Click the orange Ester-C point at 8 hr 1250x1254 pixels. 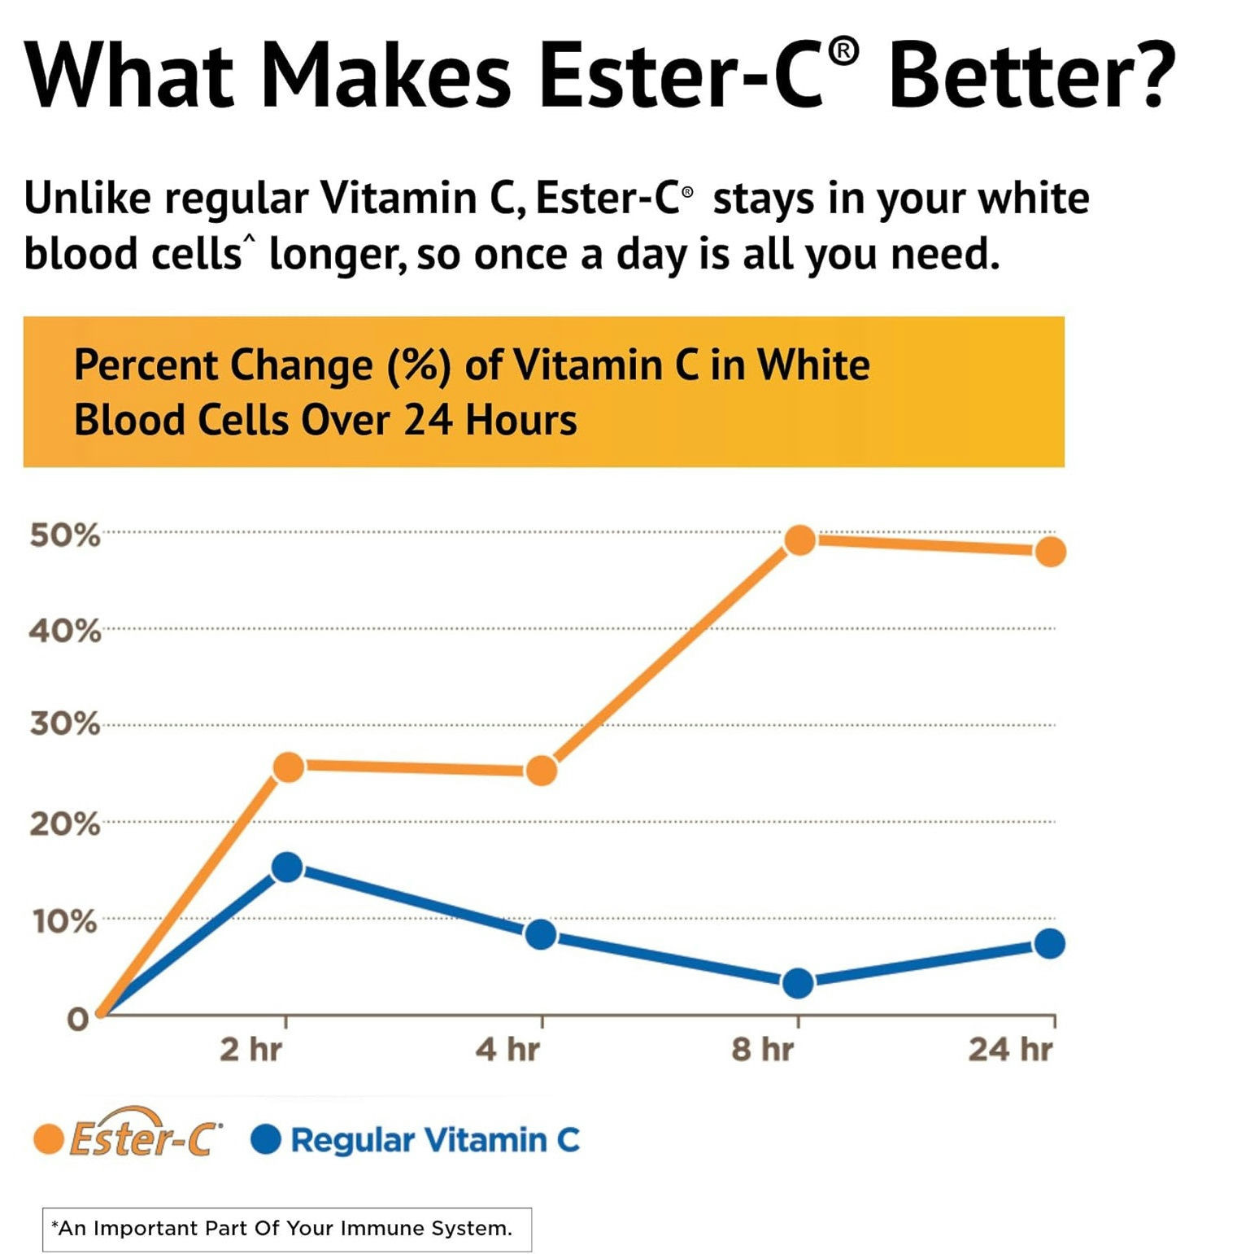point(799,540)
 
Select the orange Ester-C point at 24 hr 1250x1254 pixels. point(1050,552)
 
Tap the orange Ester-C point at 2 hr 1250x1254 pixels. point(288,766)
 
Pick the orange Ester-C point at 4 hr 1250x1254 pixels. point(542,770)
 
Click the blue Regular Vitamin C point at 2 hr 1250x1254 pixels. point(287,867)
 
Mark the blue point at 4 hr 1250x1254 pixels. point(541,934)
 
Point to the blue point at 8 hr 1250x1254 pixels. point(798,983)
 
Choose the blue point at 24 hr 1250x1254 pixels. point(1049,944)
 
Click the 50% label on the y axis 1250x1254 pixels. point(65,535)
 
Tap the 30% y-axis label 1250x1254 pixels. point(65,723)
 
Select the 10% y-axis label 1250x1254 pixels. point(65,922)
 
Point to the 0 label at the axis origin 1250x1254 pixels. point(77,1019)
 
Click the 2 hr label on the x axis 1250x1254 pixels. point(250,1050)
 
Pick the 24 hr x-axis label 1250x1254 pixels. point(1010,1050)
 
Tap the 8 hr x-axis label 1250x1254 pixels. point(762,1050)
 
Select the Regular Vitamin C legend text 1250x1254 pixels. point(435,1140)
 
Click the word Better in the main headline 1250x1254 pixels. point(1031,75)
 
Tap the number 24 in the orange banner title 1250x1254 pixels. point(429,421)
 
